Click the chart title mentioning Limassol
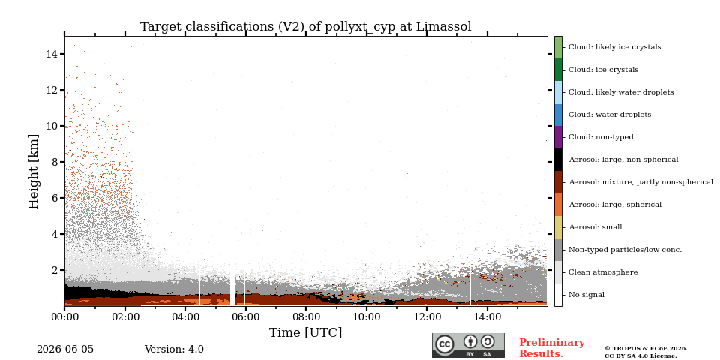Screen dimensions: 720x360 [306, 27]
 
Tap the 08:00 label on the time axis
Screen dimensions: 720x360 [306, 316]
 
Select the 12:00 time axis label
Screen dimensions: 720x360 [427, 316]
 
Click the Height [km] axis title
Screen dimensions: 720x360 [34, 172]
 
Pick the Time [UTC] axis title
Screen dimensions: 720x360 [306, 332]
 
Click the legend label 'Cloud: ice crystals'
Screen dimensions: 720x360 [603, 70]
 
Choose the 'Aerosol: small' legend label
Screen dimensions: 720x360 [595, 227]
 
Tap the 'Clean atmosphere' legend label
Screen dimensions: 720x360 [603, 272]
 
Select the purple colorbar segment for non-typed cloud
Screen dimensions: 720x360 [558, 137]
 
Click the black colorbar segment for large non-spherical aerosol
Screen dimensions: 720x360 [558, 160]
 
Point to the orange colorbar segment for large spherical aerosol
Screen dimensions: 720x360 [558, 205]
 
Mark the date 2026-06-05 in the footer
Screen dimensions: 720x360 [65, 349]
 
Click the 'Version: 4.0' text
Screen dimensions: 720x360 [174, 349]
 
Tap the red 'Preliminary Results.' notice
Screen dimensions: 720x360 [552, 348]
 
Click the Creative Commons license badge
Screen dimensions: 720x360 [468, 345]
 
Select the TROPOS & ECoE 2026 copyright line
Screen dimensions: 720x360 [646, 349]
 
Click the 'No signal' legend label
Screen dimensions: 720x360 [586, 295]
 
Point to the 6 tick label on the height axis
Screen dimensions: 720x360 [54, 198]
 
